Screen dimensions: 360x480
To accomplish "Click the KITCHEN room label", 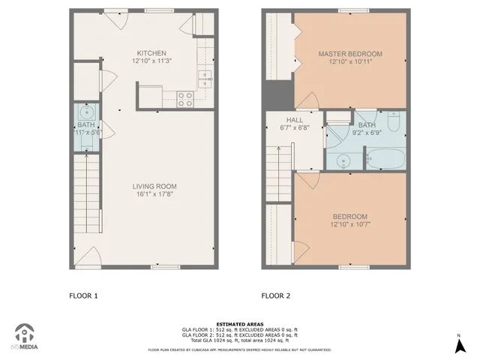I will coord(151,52).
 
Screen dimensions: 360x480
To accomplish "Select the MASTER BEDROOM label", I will coord(350,54).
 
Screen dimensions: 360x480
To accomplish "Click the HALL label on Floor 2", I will coord(294,119).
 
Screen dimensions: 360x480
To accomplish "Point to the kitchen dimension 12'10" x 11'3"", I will coord(151,61).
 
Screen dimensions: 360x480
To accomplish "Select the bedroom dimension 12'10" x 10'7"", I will coord(350,224).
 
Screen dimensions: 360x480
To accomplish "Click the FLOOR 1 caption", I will coord(83,295).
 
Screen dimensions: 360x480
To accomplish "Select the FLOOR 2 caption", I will coord(275,295).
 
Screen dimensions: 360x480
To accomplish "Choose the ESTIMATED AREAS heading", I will coord(239,324).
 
